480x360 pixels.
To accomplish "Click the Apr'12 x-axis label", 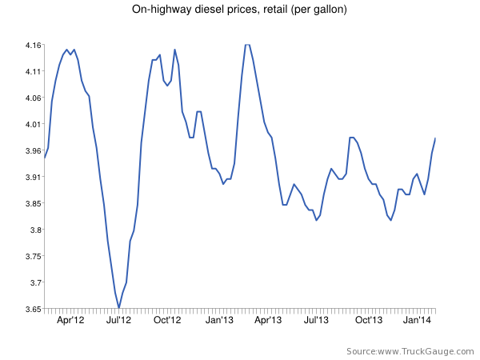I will [x=71, y=320].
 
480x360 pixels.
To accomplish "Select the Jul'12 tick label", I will [x=119, y=320].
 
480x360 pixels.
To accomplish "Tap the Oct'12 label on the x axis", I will [x=168, y=320].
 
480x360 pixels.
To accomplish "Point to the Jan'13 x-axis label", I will [x=219, y=320].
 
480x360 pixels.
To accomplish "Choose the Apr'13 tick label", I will [x=268, y=320].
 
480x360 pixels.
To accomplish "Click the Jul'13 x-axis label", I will [x=317, y=320].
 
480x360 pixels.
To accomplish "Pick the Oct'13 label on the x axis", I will [x=368, y=320].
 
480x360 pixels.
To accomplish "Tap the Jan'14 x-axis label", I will [x=418, y=320].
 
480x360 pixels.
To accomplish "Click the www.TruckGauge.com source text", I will [x=423, y=351].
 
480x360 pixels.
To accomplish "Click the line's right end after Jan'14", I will [x=435, y=138].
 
